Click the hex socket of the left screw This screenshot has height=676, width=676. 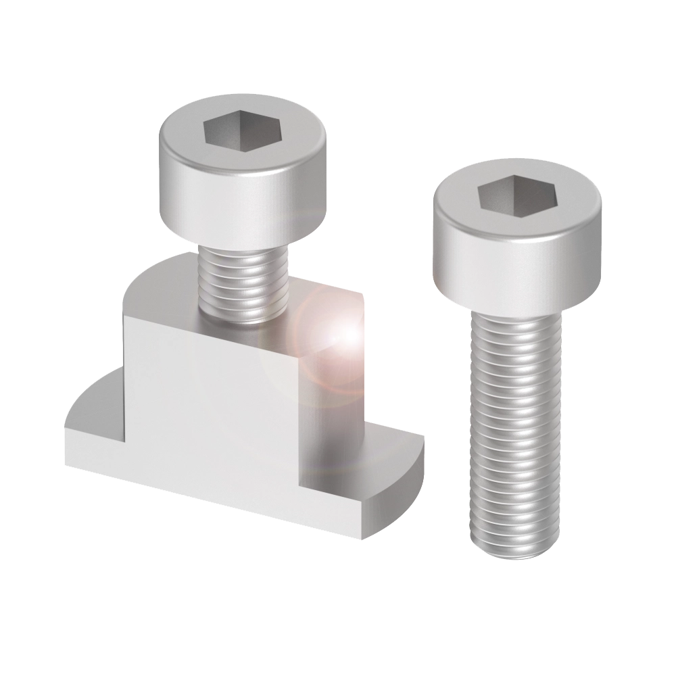coord(243,128)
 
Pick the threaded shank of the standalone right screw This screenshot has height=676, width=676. coord(515,419)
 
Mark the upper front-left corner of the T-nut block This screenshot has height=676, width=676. coord(125,318)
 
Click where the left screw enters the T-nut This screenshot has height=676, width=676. coord(247,318)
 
